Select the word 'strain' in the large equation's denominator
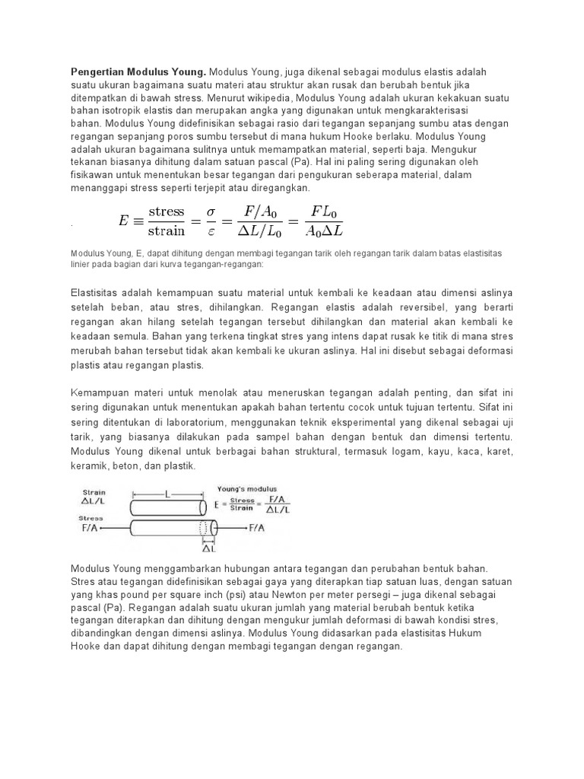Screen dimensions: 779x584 [167, 231]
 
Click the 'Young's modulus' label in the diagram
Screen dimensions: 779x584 [247, 488]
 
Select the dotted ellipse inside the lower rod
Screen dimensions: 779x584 [204, 527]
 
